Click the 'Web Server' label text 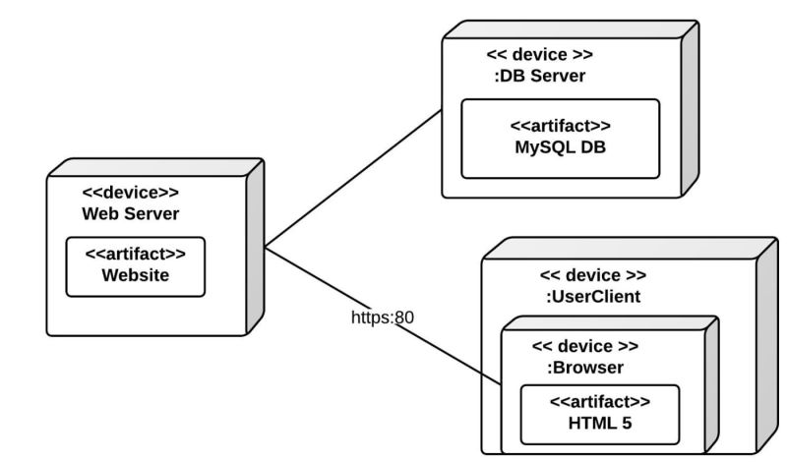[123, 214]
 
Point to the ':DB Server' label [539, 74]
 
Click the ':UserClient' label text [594, 295]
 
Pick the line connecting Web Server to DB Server [354, 178]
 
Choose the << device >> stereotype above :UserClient [594, 275]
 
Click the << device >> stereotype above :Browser [584, 347]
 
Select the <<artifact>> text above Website [135, 255]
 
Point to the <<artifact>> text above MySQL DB [560, 127]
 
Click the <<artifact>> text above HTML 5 [599, 402]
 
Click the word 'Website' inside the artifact [135, 276]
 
